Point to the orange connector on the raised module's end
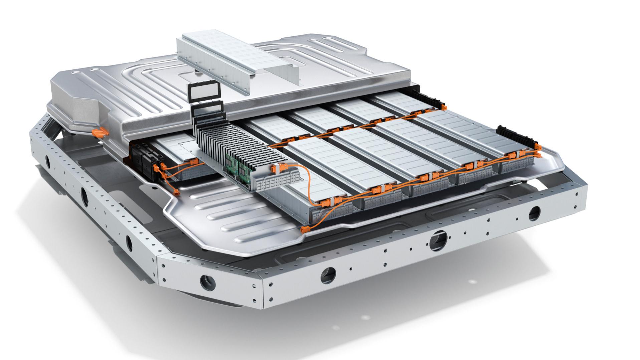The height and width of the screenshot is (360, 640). (x=279, y=169)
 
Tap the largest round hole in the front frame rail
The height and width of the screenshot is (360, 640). (x=438, y=239)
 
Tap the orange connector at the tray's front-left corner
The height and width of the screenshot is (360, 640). (x=304, y=229)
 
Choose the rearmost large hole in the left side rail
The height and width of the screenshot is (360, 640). (x=47, y=163)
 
